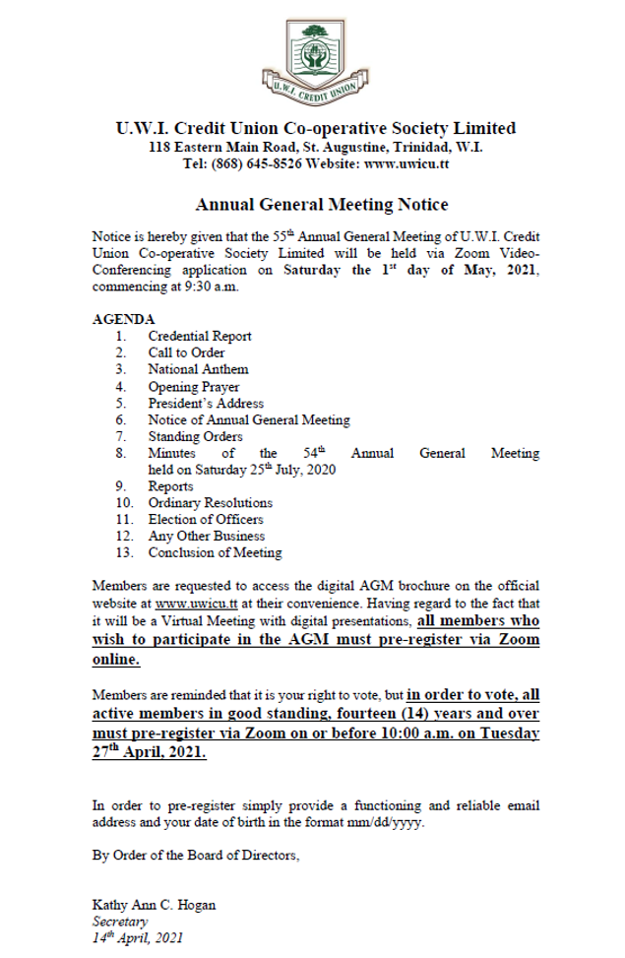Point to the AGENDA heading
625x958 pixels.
123,320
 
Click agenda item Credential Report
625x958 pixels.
200,336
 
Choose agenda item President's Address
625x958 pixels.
206,404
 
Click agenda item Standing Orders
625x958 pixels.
195,436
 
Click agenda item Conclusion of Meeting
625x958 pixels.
215,552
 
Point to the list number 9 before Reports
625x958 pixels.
119,486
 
